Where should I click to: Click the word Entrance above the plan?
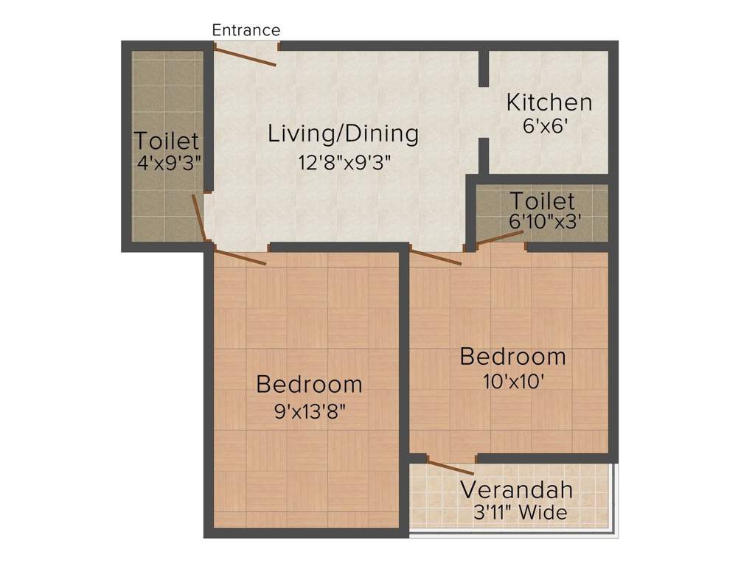coord(246,30)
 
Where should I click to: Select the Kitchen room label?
coord(549,102)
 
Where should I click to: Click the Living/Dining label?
coord(343,134)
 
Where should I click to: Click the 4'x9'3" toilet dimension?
coord(169,162)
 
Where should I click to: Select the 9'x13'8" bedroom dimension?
coord(309,411)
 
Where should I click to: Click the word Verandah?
coord(516,489)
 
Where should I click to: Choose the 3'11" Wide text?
coord(521,513)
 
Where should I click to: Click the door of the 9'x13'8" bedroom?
coord(240,257)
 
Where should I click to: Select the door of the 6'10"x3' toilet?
coord(499,237)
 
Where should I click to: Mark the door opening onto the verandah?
coord(450,467)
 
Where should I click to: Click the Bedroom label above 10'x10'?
coord(512,357)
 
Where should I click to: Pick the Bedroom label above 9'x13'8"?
coord(309,385)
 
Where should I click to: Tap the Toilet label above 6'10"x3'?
coord(542,200)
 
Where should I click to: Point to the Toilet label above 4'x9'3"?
coord(167,140)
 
